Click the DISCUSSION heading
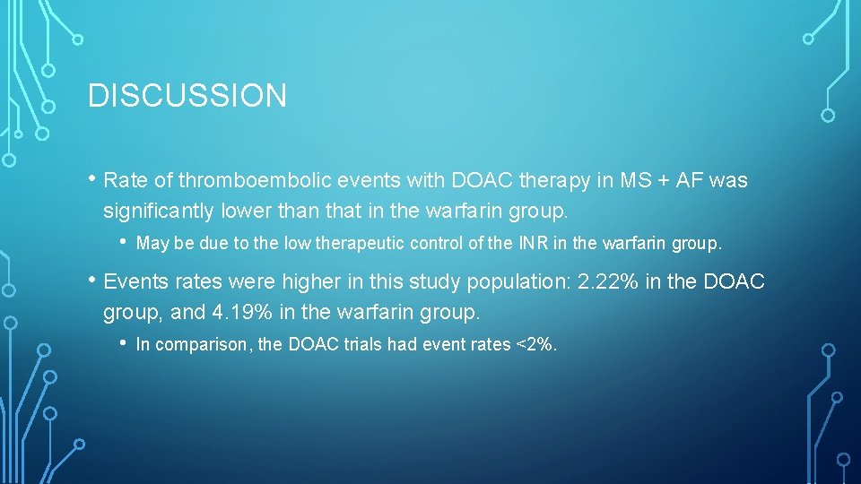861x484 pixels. (x=187, y=95)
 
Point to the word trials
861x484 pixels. (x=363, y=344)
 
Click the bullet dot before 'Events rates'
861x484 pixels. (x=92, y=281)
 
